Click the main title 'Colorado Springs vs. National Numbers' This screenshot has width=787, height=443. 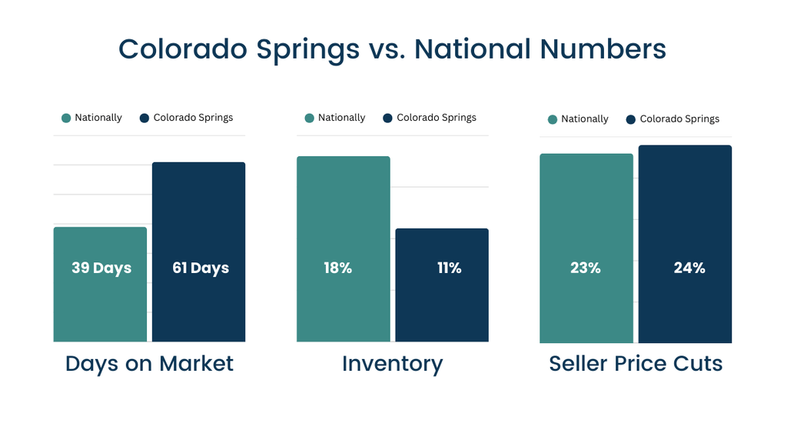[x=392, y=49]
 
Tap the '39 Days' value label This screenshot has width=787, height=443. [x=101, y=268]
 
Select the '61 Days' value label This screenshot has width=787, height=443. [x=199, y=268]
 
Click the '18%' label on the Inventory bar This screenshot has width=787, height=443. [x=337, y=268]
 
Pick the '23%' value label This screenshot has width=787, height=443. [x=585, y=268]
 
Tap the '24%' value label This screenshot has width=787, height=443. [x=689, y=268]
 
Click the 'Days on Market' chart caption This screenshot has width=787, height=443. [x=149, y=364]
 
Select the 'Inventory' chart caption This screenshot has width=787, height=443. [x=392, y=364]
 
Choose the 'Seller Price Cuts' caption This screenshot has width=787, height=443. [x=636, y=364]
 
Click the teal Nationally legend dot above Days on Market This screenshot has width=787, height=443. [x=66, y=118]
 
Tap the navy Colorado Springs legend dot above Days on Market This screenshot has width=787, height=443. [x=144, y=118]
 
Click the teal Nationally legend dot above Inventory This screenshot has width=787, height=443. [x=310, y=118]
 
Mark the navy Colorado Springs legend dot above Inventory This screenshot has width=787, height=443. [x=387, y=118]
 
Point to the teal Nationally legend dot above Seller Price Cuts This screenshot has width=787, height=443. [x=553, y=119]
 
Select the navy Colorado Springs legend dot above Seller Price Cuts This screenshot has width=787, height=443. [x=631, y=119]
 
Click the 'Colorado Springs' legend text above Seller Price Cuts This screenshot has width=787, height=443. [x=679, y=119]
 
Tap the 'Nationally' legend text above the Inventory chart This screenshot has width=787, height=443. [x=341, y=118]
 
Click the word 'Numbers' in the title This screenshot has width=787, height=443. [x=603, y=49]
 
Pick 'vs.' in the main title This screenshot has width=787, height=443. [x=387, y=49]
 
